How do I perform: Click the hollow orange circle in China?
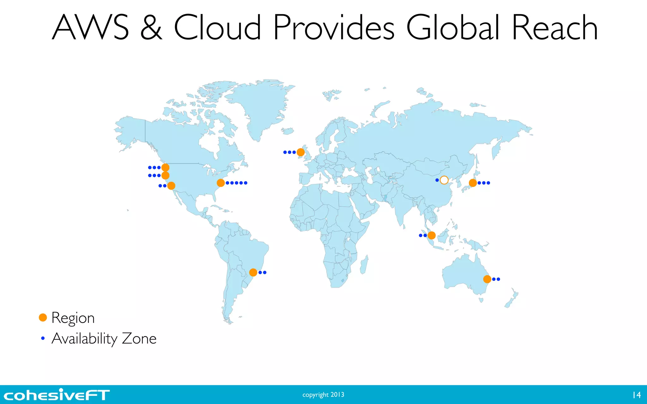pos(444,180)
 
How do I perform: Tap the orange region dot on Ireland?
pos(300,152)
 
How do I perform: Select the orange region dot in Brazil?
pos(253,272)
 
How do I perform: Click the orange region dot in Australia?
pos(487,279)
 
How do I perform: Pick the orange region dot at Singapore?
pos(432,235)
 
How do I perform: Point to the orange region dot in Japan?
pos(473,183)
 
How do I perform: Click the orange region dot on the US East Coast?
pos(221,183)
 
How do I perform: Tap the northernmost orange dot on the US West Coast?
pos(165,168)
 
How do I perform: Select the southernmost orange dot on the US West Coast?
pos(171,186)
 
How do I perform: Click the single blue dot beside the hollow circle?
pos(437,180)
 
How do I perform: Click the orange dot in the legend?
pos(43,318)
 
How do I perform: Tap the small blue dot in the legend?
pos(43,338)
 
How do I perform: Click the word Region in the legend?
pos(73,318)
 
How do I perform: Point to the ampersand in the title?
pos(151,27)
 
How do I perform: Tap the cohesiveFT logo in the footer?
pos(57,395)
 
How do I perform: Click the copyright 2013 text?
pos(323,395)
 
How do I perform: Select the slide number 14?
pos(636,395)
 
